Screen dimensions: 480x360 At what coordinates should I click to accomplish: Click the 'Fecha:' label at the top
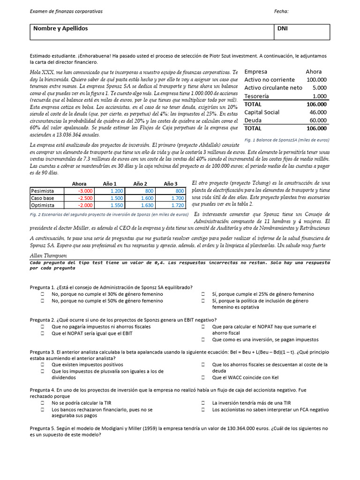coord(281,11)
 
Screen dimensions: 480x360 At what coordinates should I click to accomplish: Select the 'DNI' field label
coord(283,29)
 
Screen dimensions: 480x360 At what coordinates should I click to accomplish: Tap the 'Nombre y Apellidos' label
coord(60,29)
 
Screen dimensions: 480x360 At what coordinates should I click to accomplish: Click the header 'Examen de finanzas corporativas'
coord(66,11)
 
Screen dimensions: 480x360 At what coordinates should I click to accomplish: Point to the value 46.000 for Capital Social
coord(317,112)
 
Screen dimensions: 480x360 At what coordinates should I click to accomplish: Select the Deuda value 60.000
coord(317,120)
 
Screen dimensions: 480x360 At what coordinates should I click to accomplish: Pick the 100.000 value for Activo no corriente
coord(316,80)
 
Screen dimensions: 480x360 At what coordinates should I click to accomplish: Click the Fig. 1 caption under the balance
coord(287,140)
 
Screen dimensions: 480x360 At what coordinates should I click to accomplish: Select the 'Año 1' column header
coord(109,184)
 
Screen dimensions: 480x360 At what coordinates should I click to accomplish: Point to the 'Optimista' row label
coord(43,205)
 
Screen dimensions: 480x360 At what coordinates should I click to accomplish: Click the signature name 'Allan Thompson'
coord(48,255)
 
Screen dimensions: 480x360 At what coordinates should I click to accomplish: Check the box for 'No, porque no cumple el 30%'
coord(42,294)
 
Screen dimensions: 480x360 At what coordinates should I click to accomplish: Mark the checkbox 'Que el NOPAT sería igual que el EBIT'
coord(42,333)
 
